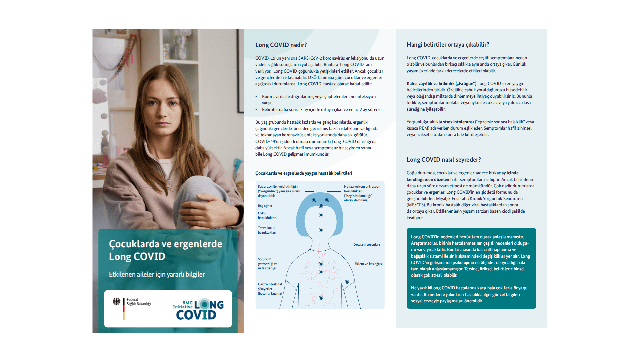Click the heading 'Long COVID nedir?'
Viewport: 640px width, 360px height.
coord(281,45)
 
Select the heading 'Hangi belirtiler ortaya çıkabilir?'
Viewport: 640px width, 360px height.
coord(448,45)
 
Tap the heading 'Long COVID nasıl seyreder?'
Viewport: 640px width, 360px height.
coord(444,160)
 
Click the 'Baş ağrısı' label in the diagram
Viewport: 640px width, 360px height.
coord(265,206)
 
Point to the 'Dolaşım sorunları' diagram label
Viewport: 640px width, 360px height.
coord(366,245)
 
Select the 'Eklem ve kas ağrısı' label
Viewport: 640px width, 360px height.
coord(368,264)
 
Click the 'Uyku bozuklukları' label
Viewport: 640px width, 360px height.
coord(267,215)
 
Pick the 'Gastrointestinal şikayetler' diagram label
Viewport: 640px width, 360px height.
coord(270,289)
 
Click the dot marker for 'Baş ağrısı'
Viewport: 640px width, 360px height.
coord(321,206)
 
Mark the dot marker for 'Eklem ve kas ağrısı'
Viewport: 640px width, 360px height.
coord(347,282)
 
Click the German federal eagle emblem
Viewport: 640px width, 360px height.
coord(117,302)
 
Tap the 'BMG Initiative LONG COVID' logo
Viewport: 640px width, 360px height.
coord(198,309)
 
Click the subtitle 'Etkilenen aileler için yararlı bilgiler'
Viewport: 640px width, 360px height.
coord(157,274)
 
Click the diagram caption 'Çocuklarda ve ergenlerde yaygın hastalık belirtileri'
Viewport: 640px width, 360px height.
coord(304,173)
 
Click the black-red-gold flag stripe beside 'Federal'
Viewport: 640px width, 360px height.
coord(124,309)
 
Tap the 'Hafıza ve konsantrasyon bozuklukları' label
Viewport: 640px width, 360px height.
coord(362,193)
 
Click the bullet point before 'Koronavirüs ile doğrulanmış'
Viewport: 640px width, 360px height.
coord(256,97)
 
